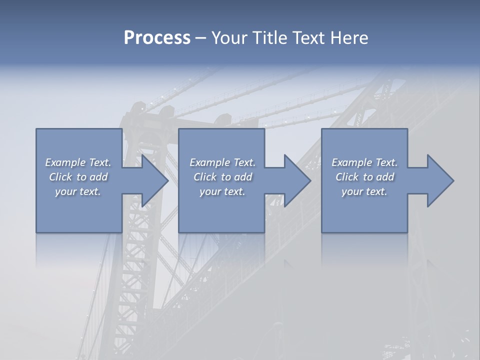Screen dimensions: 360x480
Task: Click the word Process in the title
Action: pos(157,38)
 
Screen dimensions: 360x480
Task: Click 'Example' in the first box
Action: pos(65,162)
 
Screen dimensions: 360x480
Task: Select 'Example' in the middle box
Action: pos(209,162)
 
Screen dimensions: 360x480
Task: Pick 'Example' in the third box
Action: pos(351,162)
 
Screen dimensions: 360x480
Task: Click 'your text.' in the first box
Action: pos(78,191)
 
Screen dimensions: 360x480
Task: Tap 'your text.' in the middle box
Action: pos(222,191)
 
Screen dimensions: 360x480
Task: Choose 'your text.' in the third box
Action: pos(364,191)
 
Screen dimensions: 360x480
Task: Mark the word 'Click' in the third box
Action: pos(347,177)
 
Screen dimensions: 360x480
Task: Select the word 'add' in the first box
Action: pos(99,177)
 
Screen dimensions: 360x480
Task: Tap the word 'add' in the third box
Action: pos(385,177)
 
